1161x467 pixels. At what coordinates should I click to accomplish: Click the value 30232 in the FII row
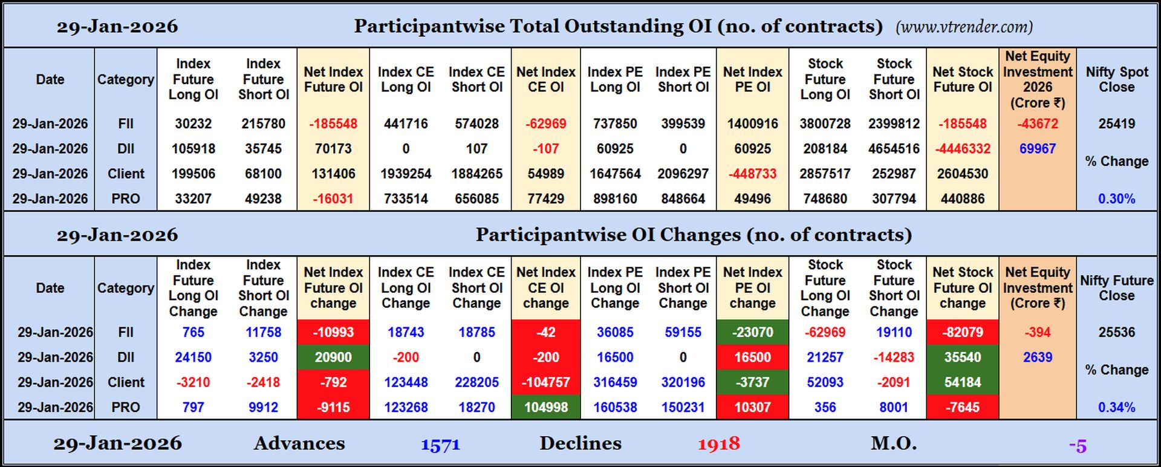pos(193,124)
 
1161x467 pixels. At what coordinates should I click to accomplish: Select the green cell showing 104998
pos(545,408)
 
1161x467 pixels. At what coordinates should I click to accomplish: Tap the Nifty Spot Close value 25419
pos(1116,124)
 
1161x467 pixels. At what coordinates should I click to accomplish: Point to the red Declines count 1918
pos(718,445)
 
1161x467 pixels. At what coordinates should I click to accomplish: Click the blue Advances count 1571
pos(440,445)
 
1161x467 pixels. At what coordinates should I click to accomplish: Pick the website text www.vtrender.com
pos(964,27)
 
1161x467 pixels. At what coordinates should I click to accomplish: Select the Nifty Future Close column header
pos(1116,288)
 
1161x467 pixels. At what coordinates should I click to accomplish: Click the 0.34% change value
pos(1116,408)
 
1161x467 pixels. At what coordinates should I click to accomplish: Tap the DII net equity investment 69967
pos(1037,149)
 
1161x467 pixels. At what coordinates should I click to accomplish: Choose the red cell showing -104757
pos(545,382)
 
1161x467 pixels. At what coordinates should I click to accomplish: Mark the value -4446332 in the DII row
pos(962,149)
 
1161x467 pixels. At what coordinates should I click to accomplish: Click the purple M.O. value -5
pos(1078,446)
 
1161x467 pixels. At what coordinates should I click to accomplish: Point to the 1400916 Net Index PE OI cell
pos(752,124)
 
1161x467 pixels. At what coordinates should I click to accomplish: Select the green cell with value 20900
pos(333,358)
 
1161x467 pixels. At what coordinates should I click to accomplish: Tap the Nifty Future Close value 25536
pos(1116,333)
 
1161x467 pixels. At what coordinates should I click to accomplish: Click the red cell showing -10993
pos(333,333)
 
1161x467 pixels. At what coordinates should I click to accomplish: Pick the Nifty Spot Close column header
pos(1116,79)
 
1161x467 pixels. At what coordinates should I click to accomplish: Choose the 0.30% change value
pos(1116,199)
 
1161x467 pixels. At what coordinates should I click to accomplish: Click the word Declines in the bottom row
pos(580,443)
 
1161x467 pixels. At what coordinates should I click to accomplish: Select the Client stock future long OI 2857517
pos(825,174)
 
